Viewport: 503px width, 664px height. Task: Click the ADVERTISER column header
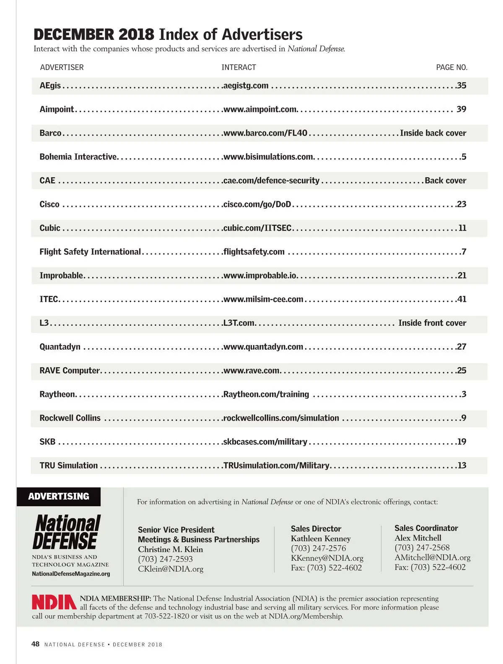coord(62,67)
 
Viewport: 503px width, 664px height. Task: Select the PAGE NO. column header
coord(451,67)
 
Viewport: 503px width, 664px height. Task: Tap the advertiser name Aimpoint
coord(57,109)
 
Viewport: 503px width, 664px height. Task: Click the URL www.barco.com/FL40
coord(265,133)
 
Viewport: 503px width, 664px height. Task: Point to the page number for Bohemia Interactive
coord(464,157)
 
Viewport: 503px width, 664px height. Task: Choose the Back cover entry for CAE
coord(445,180)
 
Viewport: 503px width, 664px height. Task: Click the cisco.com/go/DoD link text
coord(257,204)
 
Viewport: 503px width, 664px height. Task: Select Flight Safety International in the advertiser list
coord(90,252)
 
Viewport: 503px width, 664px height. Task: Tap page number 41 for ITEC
coord(462,299)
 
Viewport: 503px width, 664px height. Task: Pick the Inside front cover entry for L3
coord(432,323)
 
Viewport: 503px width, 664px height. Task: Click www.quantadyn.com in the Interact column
coord(263,347)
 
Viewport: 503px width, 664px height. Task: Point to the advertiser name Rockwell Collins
coord(70,418)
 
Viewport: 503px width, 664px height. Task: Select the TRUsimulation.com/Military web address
coord(276,465)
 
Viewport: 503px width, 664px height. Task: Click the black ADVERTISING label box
coord(59,497)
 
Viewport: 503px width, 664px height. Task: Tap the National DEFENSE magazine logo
coord(67,532)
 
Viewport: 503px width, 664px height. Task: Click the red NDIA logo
coord(54,602)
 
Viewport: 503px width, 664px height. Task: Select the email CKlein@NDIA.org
coord(171,569)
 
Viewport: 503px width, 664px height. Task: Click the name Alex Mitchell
coord(418,538)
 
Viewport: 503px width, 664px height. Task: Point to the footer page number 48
coord(36,644)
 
